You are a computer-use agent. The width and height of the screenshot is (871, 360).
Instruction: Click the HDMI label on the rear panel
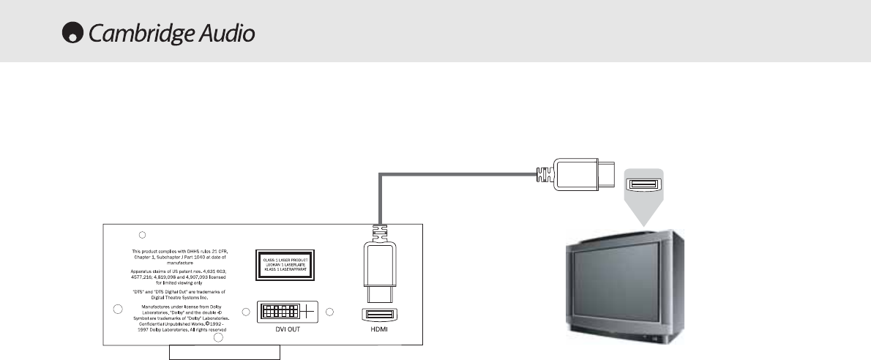[x=378, y=329]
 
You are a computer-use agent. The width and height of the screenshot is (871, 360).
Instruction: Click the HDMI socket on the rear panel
[x=379, y=315]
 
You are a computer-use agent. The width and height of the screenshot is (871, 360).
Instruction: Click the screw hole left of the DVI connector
[x=247, y=312]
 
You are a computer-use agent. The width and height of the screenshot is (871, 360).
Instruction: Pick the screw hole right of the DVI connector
[x=329, y=312]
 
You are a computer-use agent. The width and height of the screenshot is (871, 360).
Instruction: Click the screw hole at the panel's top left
[x=143, y=235]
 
